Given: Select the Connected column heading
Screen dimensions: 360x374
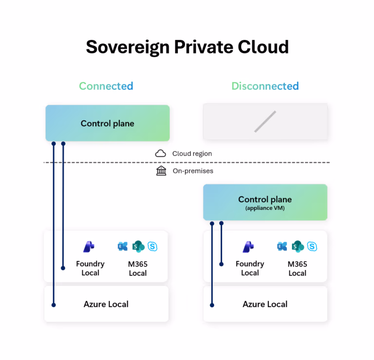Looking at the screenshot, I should coord(106,86).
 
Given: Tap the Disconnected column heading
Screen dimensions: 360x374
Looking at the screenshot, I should coord(265,86).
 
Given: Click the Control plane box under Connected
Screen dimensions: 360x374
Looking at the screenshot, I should coord(107,123).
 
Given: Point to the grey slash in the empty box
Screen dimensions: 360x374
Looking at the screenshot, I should coord(265,122).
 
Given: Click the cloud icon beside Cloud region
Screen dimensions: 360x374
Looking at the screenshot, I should coord(161,153).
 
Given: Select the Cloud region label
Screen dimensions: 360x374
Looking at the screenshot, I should coord(192,153).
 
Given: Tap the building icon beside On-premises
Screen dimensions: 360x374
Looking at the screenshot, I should coord(161,171).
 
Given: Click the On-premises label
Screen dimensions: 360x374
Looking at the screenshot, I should coord(193,171).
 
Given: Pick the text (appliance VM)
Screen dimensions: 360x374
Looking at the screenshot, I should coord(265,208).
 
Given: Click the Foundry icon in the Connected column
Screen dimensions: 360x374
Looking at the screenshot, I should coord(89,246).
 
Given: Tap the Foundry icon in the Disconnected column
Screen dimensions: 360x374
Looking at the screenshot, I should coord(248,246).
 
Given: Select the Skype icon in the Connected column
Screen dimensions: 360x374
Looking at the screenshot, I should coord(152,246).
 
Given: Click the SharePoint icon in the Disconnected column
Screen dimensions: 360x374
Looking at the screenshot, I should coord(298,246).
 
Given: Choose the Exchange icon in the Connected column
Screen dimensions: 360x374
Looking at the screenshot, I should coord(123,246).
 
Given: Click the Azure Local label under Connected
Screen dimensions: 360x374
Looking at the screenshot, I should coord(106,304).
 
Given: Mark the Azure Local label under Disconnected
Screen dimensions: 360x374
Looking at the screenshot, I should coord(265,304).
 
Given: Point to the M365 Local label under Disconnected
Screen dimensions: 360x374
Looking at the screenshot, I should coord(297,268).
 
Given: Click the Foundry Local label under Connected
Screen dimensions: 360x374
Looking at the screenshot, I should coord(90,268).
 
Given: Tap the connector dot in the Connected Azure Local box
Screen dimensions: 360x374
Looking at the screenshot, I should coord(54,305).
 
